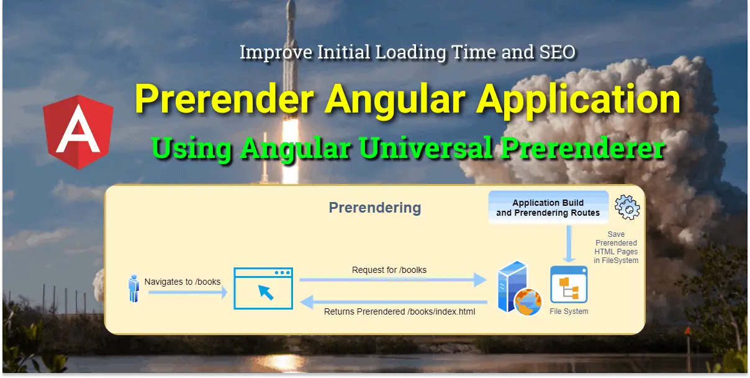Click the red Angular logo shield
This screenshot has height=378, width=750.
(x=78, y=132)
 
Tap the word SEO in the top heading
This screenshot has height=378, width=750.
(x=558, y=52)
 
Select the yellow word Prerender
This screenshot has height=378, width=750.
(x=224, y=99)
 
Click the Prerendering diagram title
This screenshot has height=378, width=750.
(x=375, y=208)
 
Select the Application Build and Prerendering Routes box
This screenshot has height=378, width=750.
(x=548, y=207)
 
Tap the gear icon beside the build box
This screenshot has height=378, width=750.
(x=627, y=207)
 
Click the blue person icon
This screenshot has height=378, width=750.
(x=134, y=288)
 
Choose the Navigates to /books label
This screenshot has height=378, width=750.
(x=183, y=282)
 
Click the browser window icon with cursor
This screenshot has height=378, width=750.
(x=263, y=288)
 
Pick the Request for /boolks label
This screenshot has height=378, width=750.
(x=389, y=270)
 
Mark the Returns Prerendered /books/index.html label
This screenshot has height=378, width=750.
(x=399, y=311)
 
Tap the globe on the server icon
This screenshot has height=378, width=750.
(x=528, y=302)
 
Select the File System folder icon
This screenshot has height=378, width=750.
(x=569, y=284)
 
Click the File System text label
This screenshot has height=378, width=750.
(x=569, y=311)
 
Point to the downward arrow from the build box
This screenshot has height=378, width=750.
(x=569, y=244)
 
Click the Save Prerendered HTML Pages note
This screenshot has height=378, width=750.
(x=616, y=247)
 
